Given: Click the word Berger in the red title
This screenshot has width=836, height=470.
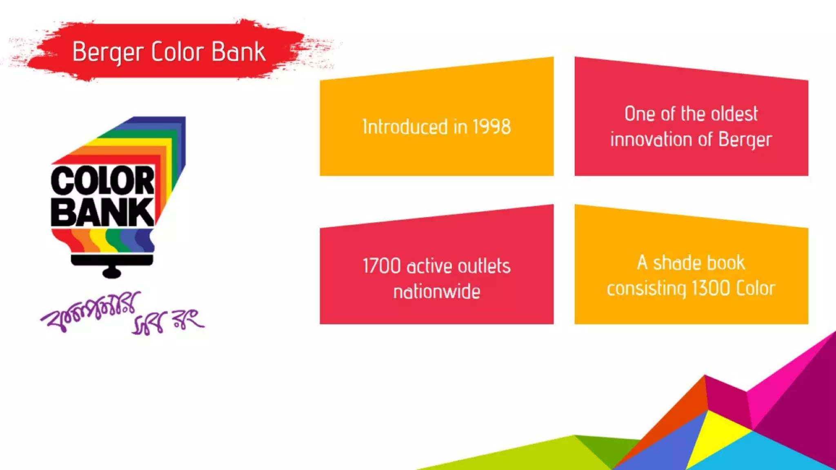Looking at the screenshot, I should (108, 52).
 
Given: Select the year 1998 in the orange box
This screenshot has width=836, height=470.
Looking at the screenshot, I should (491, 127).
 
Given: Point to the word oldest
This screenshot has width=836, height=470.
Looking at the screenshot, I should (734, 114).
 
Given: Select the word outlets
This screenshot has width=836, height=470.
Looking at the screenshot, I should (484, 266).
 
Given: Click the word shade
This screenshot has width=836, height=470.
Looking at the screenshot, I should (675, 263).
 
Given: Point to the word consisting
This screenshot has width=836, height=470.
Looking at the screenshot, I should (646, 288).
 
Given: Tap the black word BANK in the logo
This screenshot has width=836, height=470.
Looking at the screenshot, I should (102, 212).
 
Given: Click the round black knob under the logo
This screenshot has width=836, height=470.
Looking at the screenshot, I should (111, 273).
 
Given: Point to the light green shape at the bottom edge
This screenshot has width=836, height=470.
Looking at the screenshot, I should (531, 455).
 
